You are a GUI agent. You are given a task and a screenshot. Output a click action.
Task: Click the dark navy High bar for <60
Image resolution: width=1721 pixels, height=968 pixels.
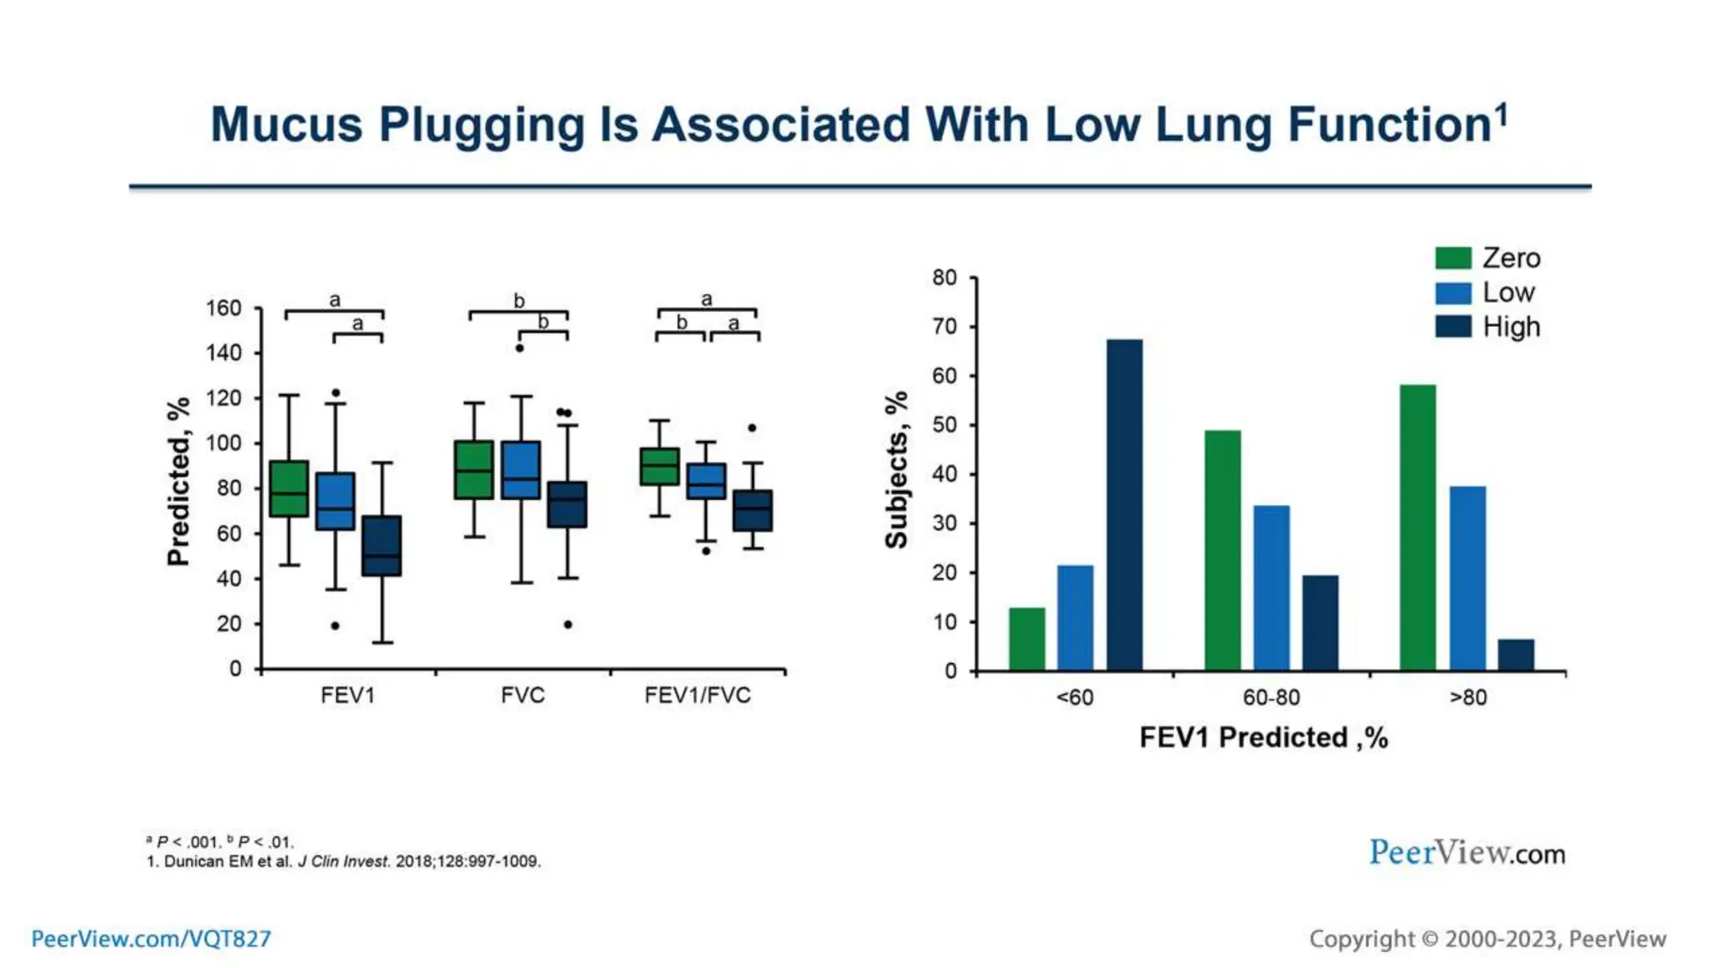[x=1124, y=504]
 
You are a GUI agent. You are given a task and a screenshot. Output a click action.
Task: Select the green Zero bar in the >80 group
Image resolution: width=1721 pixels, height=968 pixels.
[x=1418, y=527]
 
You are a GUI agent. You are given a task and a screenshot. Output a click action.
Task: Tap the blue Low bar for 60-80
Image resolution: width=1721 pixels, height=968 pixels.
[x=1271, y=587]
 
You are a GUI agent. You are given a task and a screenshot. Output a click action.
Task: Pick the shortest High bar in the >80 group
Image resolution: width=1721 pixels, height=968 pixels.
[x=1515, y=655]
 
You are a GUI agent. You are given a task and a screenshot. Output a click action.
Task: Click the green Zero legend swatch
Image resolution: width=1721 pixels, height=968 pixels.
[x=1453, y=258]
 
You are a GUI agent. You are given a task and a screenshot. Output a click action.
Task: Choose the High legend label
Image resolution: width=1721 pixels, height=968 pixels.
[x=1511, y=327]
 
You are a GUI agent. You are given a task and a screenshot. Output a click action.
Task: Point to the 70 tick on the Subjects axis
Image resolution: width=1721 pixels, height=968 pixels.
[x=945, y=326]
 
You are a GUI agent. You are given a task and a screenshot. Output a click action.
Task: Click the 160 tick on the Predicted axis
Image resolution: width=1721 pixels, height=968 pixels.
[x=224, y=308]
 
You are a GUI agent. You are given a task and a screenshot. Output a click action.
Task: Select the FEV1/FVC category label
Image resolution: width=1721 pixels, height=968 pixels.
[x=697, y=696]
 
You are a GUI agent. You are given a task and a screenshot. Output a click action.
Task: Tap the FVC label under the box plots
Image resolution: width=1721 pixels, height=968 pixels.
[x=523, y=696]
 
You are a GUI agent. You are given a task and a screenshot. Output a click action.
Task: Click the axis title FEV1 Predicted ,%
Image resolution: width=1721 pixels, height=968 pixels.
[x=1263, y=738]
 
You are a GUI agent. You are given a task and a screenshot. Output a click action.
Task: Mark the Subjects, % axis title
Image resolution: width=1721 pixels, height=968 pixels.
[x=897, y=470]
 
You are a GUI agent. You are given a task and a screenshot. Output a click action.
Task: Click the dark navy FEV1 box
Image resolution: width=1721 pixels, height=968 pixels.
[x=382, y=545]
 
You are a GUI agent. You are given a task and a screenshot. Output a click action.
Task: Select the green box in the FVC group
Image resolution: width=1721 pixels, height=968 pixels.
[x=474, y=470]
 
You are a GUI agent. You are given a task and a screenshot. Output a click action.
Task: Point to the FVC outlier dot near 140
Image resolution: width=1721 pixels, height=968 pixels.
[x=519, y=348]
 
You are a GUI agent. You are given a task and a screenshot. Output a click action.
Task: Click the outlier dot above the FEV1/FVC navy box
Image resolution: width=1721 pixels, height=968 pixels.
[x=752, y=428]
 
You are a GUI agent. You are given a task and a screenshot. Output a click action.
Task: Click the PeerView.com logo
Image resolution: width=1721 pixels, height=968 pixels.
[x=1466, y=853]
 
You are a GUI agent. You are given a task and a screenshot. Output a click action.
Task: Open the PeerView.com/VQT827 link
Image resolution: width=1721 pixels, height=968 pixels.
[x=151, y=939]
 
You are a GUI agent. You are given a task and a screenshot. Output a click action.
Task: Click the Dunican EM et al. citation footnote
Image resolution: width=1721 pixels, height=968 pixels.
[x=344, y=861]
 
